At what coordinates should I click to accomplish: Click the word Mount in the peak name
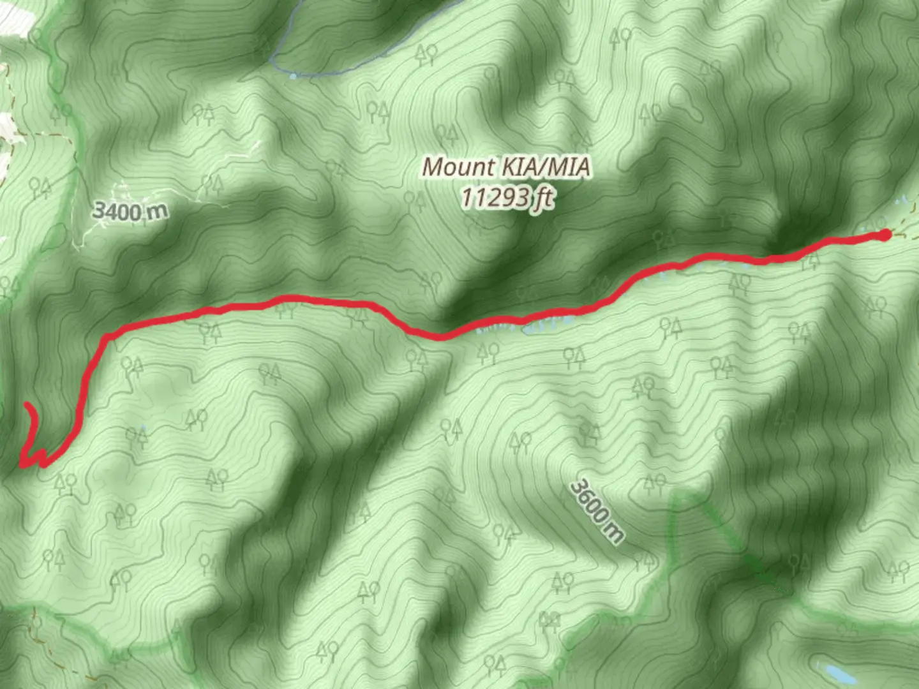point(458,167)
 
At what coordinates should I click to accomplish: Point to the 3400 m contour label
point(130,211)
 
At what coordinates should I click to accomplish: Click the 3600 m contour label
point(597,510)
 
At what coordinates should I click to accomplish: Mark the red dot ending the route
point(885,235)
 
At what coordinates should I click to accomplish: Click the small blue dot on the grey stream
point(292,77)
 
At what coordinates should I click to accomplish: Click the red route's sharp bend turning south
point(105,336)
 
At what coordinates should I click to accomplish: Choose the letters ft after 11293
point(544,198)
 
